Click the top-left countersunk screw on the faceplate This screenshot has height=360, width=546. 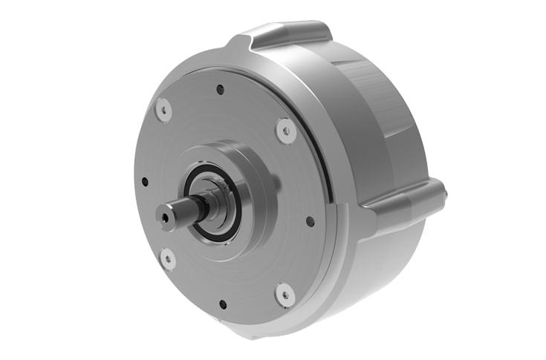(163, 110)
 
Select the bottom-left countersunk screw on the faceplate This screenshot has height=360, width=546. (168, 259)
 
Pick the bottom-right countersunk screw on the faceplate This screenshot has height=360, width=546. (285, 294)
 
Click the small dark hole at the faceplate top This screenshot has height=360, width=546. (220, 90)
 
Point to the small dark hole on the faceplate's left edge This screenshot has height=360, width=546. (144, 181)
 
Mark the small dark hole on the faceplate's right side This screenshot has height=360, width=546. (310, 220)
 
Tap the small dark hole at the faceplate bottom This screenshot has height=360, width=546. (222, 304)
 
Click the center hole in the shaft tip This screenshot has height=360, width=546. (164, 218)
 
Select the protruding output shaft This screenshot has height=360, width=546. (182, 212)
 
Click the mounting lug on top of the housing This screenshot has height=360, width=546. (290, 33)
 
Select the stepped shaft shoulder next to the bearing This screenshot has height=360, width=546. (204, 204)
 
